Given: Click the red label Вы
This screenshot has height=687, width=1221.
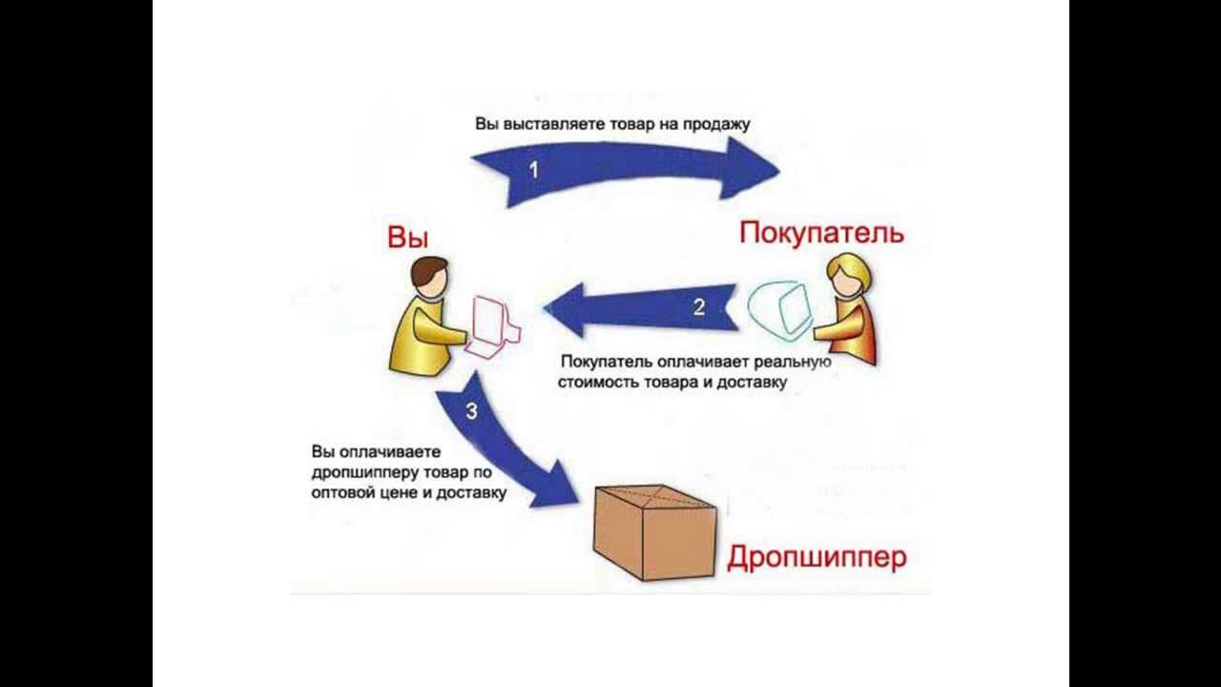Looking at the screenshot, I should click(407, 238).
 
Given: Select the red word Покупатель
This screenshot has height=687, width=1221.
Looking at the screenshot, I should click(821, 232).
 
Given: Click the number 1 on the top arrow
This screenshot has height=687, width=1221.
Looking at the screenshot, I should click(533, 170).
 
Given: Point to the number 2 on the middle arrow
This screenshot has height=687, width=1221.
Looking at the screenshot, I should click(699, 307).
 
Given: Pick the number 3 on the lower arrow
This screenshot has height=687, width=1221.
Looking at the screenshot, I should click(471, 412).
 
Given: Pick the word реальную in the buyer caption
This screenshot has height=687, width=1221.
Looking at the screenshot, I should click(794, 363).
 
